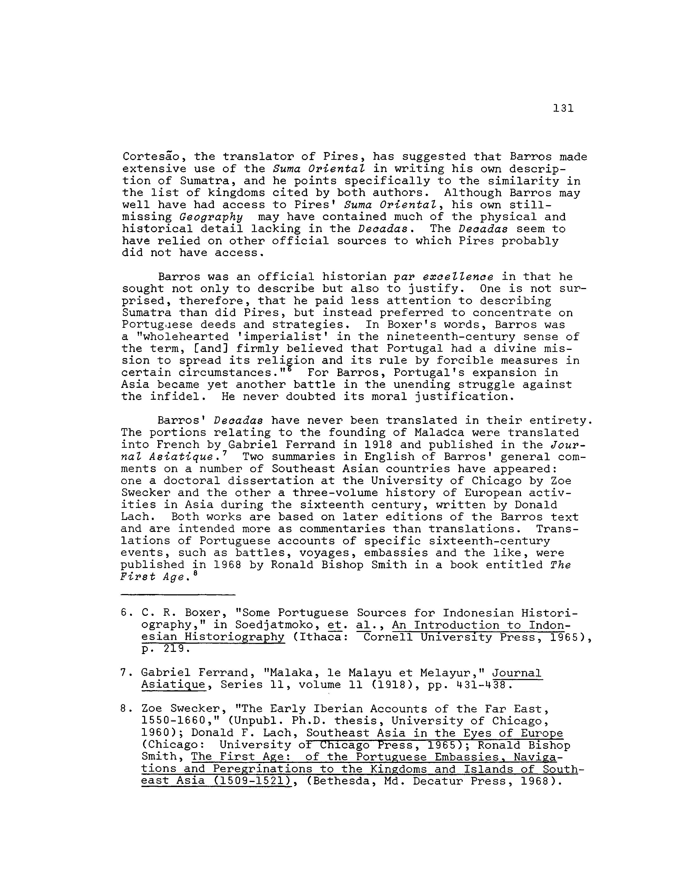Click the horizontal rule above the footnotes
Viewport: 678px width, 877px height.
178,595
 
